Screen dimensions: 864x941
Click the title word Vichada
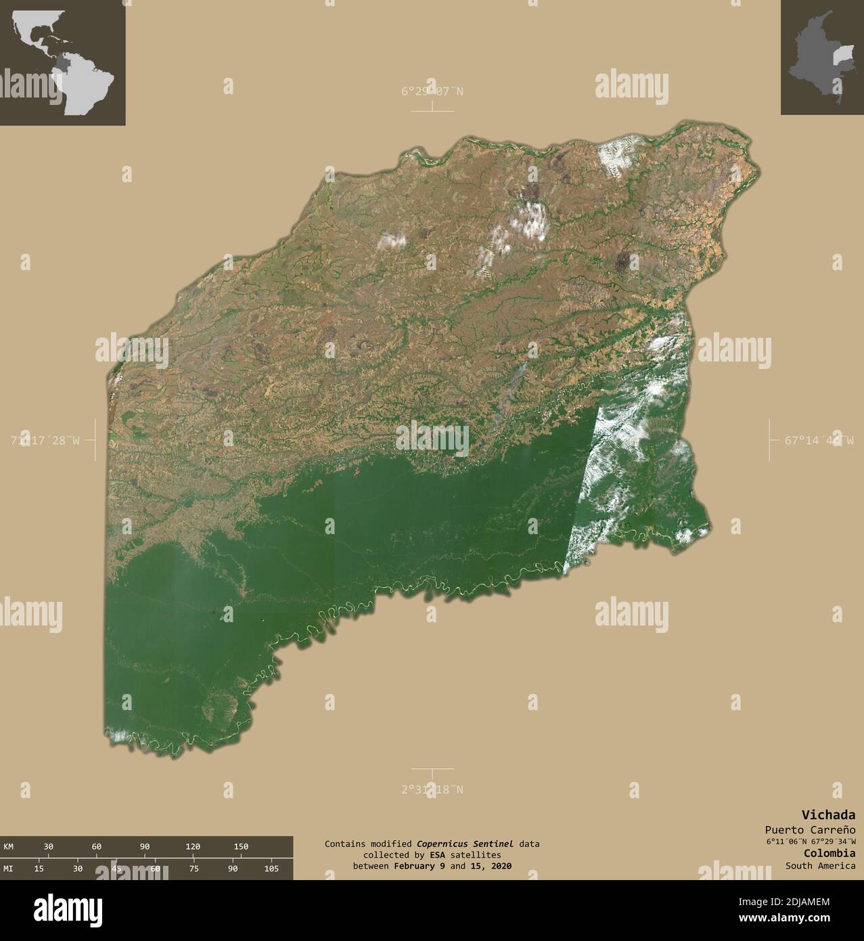pos(828,814)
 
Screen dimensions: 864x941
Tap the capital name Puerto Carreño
pos(810,829)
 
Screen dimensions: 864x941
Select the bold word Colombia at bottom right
pos(829,853)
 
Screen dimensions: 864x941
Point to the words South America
pos(820,865)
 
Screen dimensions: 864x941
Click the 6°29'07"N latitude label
pos(432,91)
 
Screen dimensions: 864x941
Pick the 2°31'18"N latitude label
pos(432,789)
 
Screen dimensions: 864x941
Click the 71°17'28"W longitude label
pos(45,440)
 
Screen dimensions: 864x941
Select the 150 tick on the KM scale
pos(241,846)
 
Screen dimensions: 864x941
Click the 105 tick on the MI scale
pos(271,868)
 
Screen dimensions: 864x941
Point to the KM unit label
pos(8,846)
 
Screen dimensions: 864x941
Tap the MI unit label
pos(8,868)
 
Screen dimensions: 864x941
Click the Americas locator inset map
pos(62,62)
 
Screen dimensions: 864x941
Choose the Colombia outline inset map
pos(822,58)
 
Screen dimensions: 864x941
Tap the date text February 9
pos(419,866)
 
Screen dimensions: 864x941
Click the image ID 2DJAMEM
pos(806,901)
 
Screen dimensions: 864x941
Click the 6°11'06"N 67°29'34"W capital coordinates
pos(811,841)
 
